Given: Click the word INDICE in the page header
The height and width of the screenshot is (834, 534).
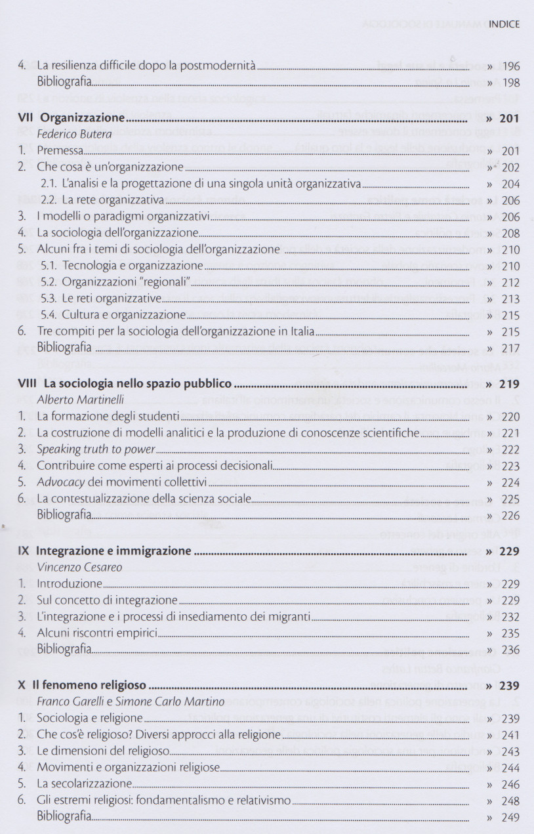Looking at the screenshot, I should click(x=504, y=24).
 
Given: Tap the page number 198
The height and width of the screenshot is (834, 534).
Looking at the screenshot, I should click(x=510, y=83).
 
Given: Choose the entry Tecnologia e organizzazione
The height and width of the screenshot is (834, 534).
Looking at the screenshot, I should click(x=123, y=266).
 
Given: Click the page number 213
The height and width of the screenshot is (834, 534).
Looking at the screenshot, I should click(x=510, y=299).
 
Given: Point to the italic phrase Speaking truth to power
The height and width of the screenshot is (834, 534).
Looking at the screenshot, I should click(x=96, y=449).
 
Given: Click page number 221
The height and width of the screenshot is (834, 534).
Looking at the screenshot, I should click(x=510, y=433).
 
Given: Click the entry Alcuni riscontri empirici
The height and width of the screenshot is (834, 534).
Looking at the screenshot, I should click(x=96, y=633).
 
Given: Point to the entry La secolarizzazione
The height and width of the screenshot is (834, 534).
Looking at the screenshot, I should click(x=84, y=784).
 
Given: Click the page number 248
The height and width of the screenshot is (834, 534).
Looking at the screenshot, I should click(x=510, y=801).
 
